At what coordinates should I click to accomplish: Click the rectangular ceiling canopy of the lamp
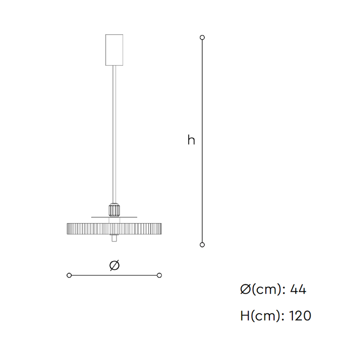pyautogui.click(x=114, y=50)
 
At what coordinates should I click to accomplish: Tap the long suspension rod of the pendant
pyautogui.click(x=114, y=134)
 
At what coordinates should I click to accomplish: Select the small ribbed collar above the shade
pyautogui.click(x=114, y=210)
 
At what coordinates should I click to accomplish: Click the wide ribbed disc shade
pyautogui.click(x=114, y=229)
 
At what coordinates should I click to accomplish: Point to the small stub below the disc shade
pyautogui.click(x=114, y=238)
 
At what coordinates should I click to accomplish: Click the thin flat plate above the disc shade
pyautogui.click(x=114, y=217)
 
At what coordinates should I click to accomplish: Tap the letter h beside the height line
pyautogui.click(x=191, y=140)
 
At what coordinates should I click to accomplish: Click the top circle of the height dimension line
pyautogui.click(x=202, y=37)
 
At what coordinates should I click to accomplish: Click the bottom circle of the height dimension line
pyautogui.click(x=202, y=245)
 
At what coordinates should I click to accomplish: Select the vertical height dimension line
pyautogui.click(x=202, y=141)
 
